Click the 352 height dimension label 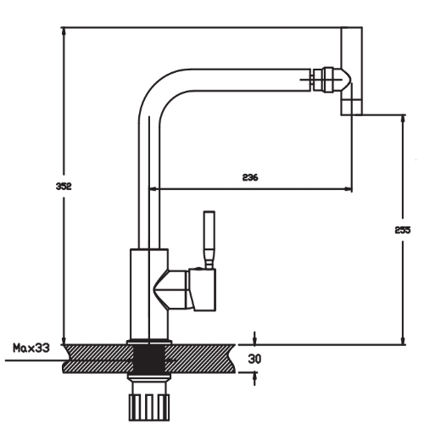point(64,187)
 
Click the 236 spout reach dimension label point(250,177)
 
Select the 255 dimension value point(403,230)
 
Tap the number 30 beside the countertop point(254,359)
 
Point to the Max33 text point(31,348)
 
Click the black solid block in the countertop point(149,359)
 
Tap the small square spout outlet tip point(351,107)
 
